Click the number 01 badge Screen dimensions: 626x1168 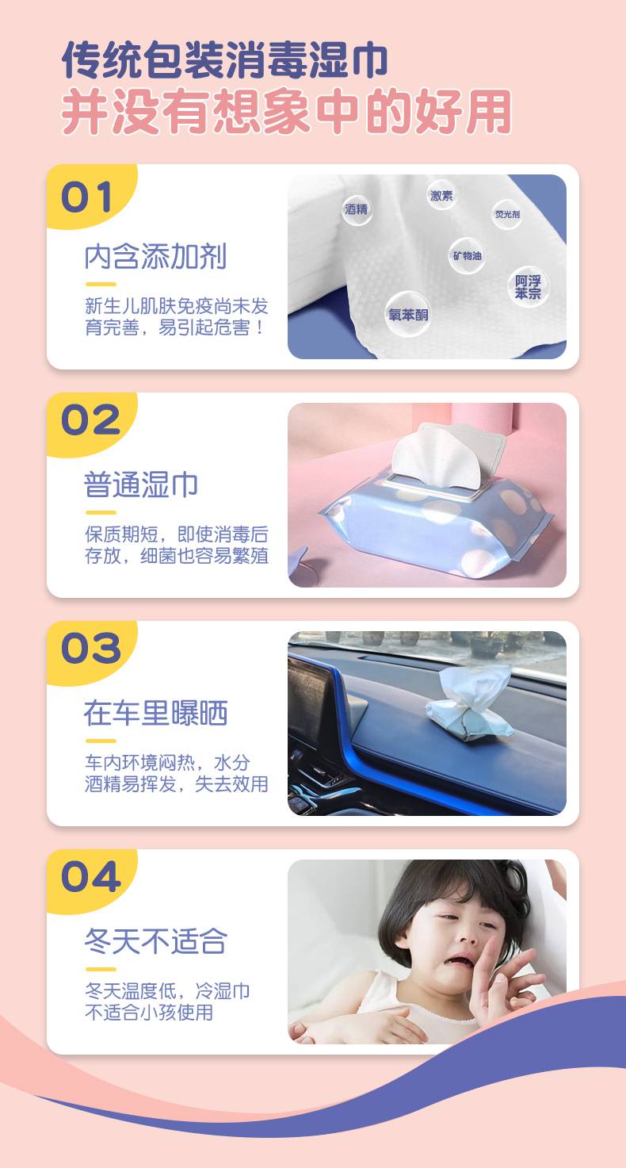click(86, 197)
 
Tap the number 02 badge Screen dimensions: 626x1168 click(90, 419)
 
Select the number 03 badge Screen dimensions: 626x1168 click(90, 648)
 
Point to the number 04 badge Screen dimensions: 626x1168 click(90, 876)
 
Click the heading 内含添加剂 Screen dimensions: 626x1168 click(155, 257)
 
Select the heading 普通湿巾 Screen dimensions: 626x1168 click(141, 485)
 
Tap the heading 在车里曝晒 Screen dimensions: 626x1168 click(155, 714)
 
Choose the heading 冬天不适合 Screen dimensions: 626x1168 click(155, 942)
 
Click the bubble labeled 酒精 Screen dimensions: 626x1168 click(356, 209)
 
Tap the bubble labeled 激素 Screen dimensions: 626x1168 click(441, 196)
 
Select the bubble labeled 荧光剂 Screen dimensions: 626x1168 click(507, 214)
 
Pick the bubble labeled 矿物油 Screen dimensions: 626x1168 click(467, 255)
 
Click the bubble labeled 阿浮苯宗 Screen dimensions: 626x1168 click(528, 287)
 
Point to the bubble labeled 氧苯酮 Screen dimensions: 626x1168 click(408, 315)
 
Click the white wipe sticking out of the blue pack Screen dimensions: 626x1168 click(443, 455)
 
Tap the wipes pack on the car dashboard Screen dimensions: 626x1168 click(469, 703)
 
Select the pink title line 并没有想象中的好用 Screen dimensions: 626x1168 click(286, 112)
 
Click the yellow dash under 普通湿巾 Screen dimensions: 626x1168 click(101, 512)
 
